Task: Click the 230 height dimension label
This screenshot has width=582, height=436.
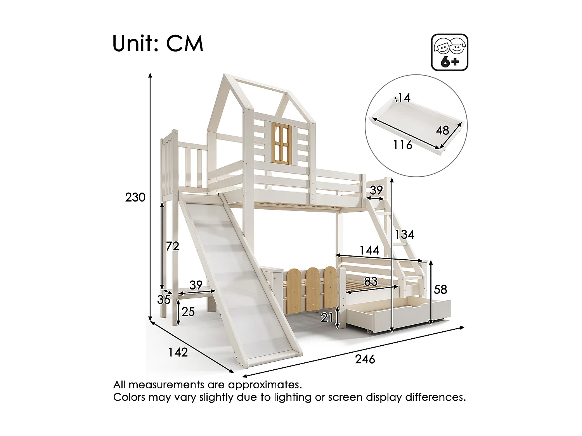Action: pyautogui.click(x=135, y=198)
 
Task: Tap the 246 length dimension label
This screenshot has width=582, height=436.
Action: pyautogui.click(x=365, y=359)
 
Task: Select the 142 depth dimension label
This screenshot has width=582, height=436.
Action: pyautogui.click(x=178, y=352)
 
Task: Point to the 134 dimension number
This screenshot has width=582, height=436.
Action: pyautogui.click(x=405, y=234)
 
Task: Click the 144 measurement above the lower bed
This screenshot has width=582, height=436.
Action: pyautogui.click(x=369, y=250)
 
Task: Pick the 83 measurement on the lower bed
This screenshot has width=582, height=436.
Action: pyautogui.click(x=371, y=281)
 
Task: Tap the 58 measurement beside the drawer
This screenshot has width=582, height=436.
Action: pyautogui.click(x=441, y=290)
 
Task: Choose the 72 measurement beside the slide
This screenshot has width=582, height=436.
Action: pyautogui.click(x=172, y=246)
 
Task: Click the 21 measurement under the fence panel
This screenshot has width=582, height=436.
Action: pyautogui.click(x=327, y=318)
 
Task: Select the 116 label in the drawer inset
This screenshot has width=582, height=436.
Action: pyautogui.click(x=402, y=145)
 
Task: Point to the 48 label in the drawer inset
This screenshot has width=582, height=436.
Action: pyautogui.click(x=442, y=130)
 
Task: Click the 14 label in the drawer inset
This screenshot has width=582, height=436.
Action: pyautogui.click(x=404, y=98)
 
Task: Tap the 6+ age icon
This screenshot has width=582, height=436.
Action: pyautogui.click(x=450, y=52)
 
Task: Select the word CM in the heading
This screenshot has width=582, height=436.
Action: pyautogui.click(x=185, y=44)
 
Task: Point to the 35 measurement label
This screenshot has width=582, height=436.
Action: pyautogui.click(x=164, y=300)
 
